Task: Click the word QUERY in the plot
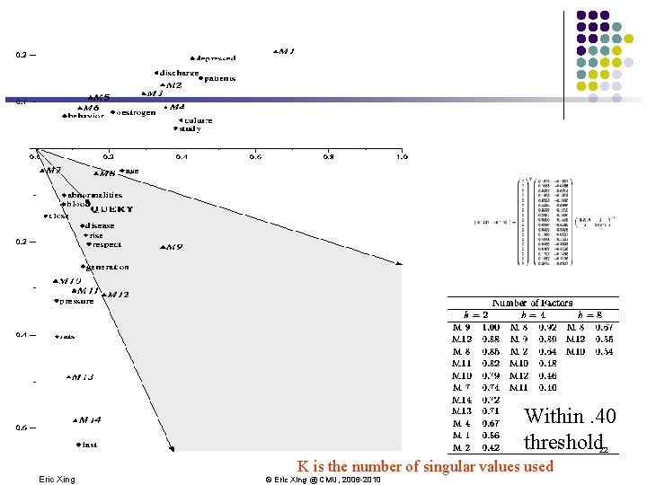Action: pyautogui.click(x=111, y=208)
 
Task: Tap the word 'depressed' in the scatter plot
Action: pyautogui.click(x=216, y=58)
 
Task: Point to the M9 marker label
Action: pyautogui.click(x=171, y=247)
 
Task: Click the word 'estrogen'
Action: pyautogui.click(x=134, y=113)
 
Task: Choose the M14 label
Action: pyautogui.click(x=89, y=419)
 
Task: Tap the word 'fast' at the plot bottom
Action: pyautogui.click(x=89, y=445)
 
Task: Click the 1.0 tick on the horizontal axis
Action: pyautogui.click(x=401, y=157)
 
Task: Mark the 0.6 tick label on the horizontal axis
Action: pyautogui.click(x=255, y=157)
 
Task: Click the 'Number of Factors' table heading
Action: pyautogui.click(x=533, y=304)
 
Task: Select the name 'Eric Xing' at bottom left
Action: pyautogui.click(x=58, y=480)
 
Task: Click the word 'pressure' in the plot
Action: pyautogui.click(x=76, y=302)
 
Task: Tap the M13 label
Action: pyautogui.click(x=83, y=377)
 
